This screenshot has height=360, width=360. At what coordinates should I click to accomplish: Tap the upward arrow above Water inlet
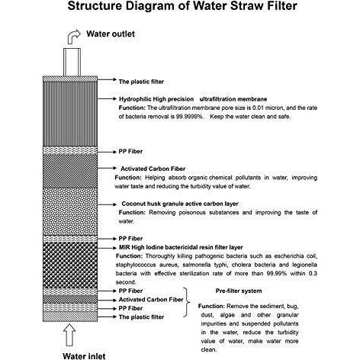(x=70, y=335)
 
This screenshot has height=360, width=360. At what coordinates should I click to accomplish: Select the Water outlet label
(x=111, y=34)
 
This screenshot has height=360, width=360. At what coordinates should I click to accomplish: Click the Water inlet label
(x=84, y=355)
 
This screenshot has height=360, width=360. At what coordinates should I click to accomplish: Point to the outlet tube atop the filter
(x=72, y=62)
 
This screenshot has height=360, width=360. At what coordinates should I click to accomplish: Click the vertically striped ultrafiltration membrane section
(x=70, y=114)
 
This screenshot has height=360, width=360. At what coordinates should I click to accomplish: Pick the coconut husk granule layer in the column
(x=70, y=212)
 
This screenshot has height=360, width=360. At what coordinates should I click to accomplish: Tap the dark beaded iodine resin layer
(x=70, y=265)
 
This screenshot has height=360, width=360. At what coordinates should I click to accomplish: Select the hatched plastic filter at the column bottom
(x=70, y=317)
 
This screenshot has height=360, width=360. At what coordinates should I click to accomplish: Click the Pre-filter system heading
(x=239, y=291)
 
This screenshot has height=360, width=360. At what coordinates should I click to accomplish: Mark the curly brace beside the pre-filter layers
(x=187, y=302)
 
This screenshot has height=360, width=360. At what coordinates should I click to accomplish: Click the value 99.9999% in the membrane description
(x=190, y=117)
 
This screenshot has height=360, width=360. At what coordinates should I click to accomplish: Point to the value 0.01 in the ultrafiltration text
(x=259, y=108)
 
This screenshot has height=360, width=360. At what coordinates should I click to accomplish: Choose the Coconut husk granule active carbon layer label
(x=180, y=204)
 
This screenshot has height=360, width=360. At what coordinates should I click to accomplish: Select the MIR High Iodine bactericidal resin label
(x=181, y=247)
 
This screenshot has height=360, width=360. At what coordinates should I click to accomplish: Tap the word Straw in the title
(x=246, y=5)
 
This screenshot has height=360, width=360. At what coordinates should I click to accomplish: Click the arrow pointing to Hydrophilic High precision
(x=107, y=98)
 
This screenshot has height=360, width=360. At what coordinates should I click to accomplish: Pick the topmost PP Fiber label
(x=130, y=152)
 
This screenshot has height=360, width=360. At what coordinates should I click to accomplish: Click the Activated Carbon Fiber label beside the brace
(x=151, y=300)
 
